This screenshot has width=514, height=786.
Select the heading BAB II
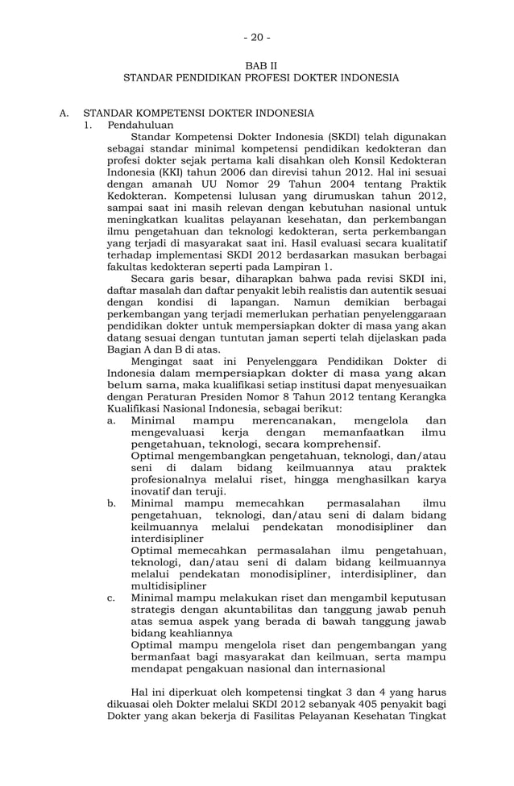point(259,65)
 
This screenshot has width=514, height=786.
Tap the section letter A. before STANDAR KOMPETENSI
point(64,114)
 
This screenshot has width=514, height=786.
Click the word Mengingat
point(157,361)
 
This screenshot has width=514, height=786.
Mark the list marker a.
point(112,420)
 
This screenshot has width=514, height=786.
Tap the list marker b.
point(113,503)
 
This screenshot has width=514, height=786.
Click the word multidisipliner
point(168,586)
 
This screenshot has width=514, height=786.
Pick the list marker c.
point(112,598)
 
